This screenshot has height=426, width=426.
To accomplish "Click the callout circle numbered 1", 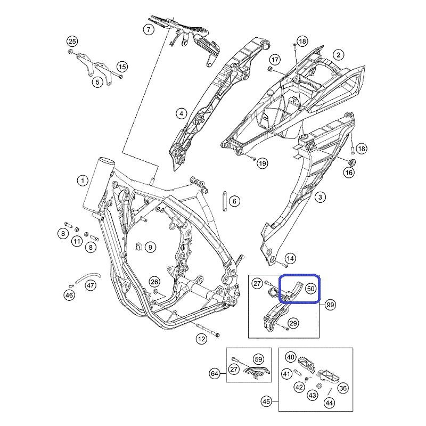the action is coord(83,181).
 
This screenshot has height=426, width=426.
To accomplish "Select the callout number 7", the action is coord(149,29).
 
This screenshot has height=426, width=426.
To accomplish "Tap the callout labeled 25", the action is coord(72,42).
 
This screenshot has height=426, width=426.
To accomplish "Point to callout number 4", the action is coord(181,113).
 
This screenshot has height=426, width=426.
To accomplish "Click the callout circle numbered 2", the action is coord(338,55).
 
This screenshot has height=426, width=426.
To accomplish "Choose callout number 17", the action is coord(275,60).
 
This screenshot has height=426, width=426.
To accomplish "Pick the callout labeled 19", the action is coord(262,163).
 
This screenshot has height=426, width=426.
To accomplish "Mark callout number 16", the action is coord(349,172).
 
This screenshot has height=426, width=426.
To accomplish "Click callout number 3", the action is coord(320,197).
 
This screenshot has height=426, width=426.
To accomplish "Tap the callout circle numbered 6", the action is coord(234,201).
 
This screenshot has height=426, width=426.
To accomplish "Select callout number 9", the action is coord(150,247).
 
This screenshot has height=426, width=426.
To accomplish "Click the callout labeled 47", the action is coord(91,285).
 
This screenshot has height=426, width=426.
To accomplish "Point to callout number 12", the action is coord(201,339).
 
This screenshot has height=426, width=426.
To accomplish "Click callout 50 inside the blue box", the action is coord(311,289).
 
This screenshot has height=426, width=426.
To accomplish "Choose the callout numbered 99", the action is coord(330,305).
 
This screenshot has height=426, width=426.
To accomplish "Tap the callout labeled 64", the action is coord(215,374).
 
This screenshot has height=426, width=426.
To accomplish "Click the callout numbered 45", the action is coord(267,401).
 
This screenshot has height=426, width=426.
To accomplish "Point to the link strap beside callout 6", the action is coord(224,201).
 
